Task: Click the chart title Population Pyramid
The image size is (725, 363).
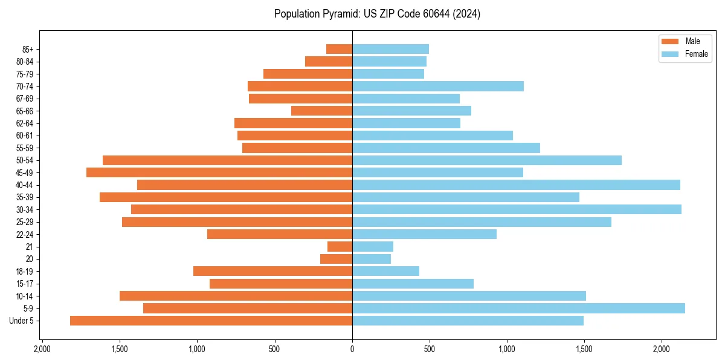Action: tap(377, 14)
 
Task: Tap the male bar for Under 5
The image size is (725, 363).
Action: tap(211, 321)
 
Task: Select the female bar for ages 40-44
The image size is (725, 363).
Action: tap(516, 185)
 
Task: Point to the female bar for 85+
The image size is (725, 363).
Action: tap(390, 49)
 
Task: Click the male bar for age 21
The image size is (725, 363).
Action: tap(340, 246)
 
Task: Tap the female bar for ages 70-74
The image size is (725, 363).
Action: tap(438, 86)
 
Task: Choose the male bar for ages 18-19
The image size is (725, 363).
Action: tap(272, 271)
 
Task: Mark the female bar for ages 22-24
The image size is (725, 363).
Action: tap(424, 234)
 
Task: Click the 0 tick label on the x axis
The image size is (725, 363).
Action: tap(352, 350)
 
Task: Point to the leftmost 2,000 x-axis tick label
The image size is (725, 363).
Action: tap(42, 350)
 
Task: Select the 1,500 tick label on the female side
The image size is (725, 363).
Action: tap(584, 350)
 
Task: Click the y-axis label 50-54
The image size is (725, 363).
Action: tap(25, 160)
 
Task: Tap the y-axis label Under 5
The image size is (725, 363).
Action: tap(22, 321)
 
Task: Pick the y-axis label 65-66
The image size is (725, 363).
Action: tap(25, 111)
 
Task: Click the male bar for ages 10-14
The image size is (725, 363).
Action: tap(236, 296)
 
